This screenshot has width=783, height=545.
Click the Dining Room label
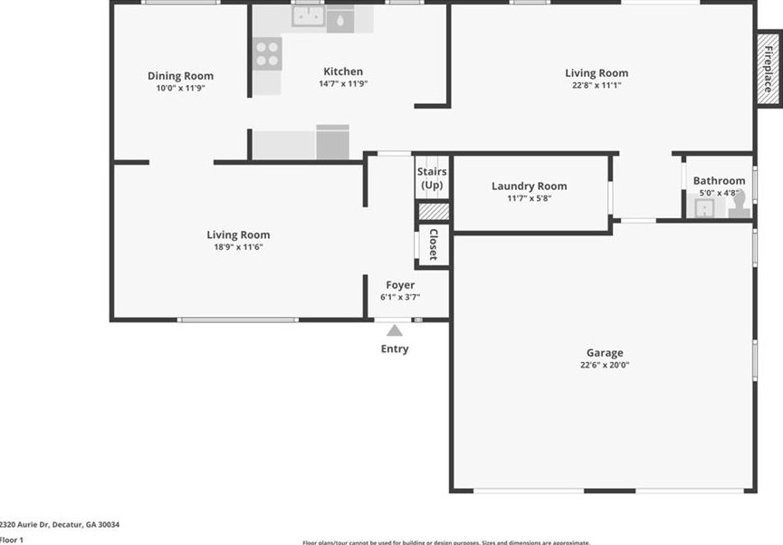pos(181,76)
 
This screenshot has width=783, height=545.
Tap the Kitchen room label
pos(343,72)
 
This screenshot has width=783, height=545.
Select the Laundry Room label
pos(529,186)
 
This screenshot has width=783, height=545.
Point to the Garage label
pos(605,353)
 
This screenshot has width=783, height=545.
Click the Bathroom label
pos(719,181)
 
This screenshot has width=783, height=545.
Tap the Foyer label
pos(400,285)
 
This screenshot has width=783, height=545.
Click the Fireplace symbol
pos(768,69)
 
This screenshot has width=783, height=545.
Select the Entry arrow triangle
pos(395,331)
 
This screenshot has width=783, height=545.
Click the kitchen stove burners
pos(267,53)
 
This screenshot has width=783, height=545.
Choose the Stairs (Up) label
pos(432,178)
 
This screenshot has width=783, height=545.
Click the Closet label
pos(433,244)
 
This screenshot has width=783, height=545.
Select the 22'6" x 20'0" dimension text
pos(605,366)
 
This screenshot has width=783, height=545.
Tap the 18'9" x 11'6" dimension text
pos(238,247)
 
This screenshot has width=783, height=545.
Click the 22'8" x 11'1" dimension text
pos(596,85)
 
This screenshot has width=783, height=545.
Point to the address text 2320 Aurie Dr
pos(60,524)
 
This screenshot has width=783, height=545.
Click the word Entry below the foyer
pos(395,349)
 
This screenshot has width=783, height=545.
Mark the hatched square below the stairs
pos(433,211)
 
